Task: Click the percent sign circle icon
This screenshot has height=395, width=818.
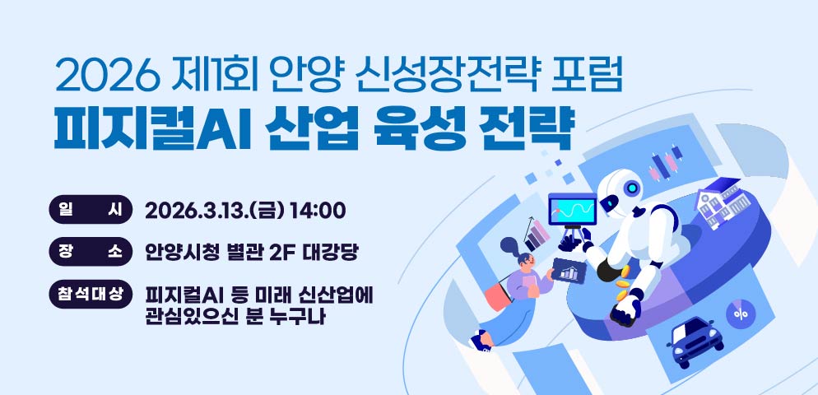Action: click(740, 314)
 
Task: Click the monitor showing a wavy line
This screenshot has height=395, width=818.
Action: click(573, 209)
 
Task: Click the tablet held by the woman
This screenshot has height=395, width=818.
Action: click(567, 270)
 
